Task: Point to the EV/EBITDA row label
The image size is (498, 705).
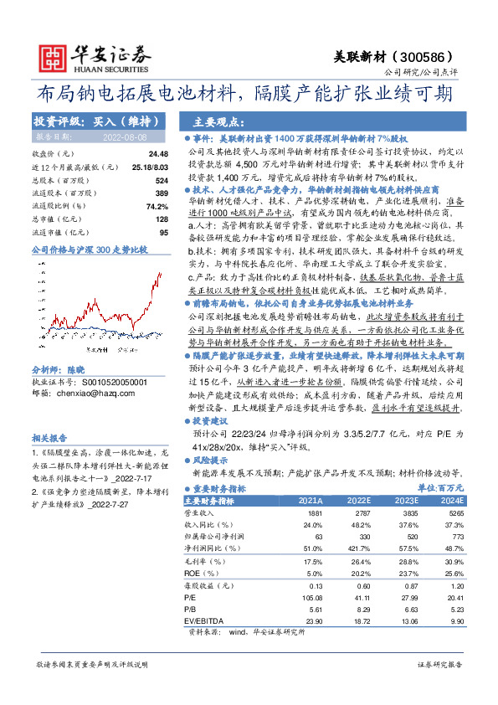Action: point(201,622)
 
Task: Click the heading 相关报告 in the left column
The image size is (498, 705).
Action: point(49,437)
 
